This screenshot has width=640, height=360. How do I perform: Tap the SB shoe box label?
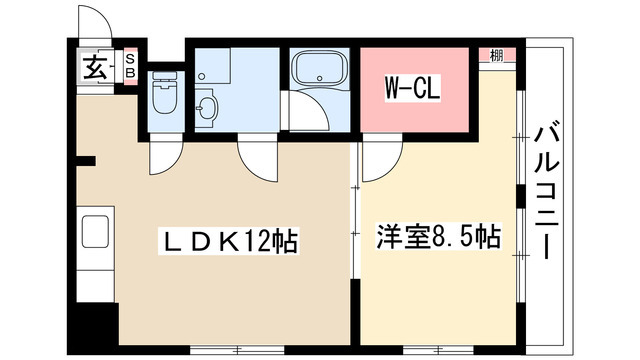[131, 70]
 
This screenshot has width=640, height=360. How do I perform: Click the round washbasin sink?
[208, 107]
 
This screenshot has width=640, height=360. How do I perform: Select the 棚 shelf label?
[496, 55]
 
